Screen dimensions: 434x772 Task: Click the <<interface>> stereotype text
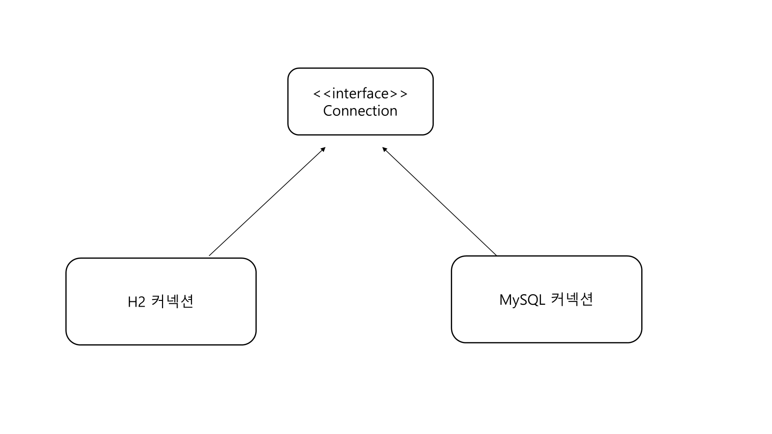[360, 93]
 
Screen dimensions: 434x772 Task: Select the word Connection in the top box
[360, 111]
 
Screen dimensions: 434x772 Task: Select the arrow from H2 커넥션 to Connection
[267, 202]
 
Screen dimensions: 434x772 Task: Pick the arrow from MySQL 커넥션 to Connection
[440, 202]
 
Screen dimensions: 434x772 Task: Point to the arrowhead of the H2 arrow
[324, 149]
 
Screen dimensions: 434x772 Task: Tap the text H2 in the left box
[136, 302]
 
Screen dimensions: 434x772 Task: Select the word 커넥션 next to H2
[172, 301]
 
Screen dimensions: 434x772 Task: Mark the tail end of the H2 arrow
[210, 255]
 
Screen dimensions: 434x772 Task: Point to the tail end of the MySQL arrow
[496, 255]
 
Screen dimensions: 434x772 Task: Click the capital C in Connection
[328, 111]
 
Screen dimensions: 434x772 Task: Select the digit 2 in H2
[141, 302]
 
